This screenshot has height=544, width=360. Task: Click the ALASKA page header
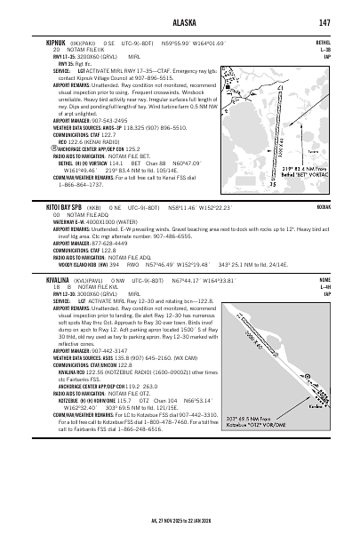click(x=180, y=21)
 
